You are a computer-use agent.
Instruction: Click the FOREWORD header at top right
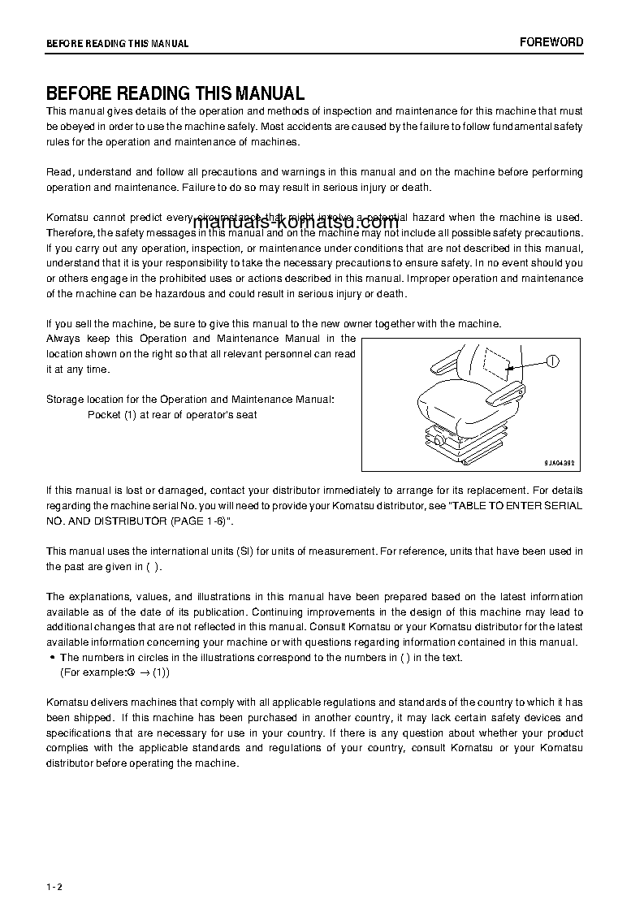[x=551, y=42]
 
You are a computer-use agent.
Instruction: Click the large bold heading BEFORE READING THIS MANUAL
[x=175, y=93]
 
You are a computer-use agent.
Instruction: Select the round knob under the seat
[x=438, y=439]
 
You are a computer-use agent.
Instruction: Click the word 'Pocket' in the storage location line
[x=103, y=415]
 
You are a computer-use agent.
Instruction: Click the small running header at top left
[x=117, y=44]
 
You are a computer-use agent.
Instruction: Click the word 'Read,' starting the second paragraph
[x=60, y=172]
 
